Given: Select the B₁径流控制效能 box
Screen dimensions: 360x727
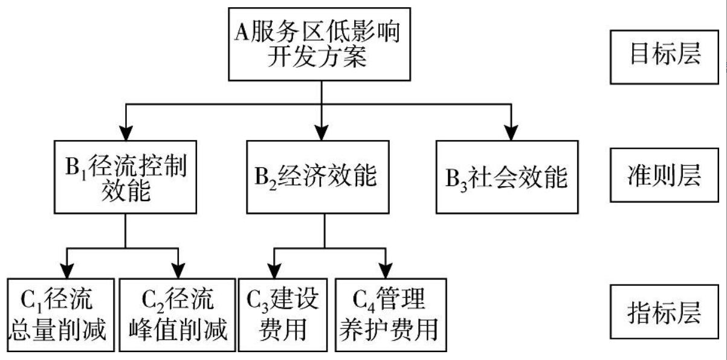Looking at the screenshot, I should [x=125, y=176].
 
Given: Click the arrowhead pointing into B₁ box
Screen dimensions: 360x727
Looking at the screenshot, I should [x=125, y=132].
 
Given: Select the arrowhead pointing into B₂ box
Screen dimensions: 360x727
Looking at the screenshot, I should [x=321, y=132].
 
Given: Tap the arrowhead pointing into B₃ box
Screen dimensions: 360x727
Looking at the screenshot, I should [x=512, y=132].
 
